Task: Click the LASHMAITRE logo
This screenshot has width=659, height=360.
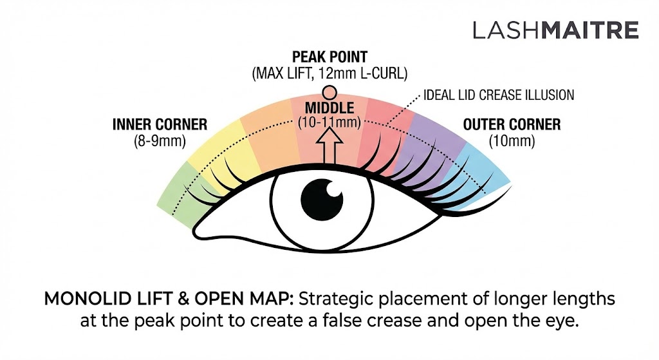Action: pyautogui.click(x=555, y=30)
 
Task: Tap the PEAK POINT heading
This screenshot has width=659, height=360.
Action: pyautogui.click(x=329, y=58)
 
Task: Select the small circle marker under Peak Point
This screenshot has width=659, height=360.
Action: pyautogui.click(x=329, y=91)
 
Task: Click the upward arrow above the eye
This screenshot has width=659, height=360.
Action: pyautogui.click(x=329, y=146)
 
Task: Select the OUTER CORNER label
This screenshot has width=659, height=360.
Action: pyautogui.click(x=512, y=124)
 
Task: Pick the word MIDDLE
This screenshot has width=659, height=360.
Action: pyautogui.click(x=329, y=107)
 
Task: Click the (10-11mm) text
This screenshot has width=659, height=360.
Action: pyautogui.click(x=329, y=121)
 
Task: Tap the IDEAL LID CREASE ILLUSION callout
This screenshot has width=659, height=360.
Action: pyautogui.click(x=499, y=95)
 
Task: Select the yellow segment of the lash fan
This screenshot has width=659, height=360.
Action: pyautogui.click(x=219, y=148)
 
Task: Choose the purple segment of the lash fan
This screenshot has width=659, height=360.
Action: pyautogui.click(x=438, y=138)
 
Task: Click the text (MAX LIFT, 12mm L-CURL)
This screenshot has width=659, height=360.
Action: pyautogui.click(x=329, y=74)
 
